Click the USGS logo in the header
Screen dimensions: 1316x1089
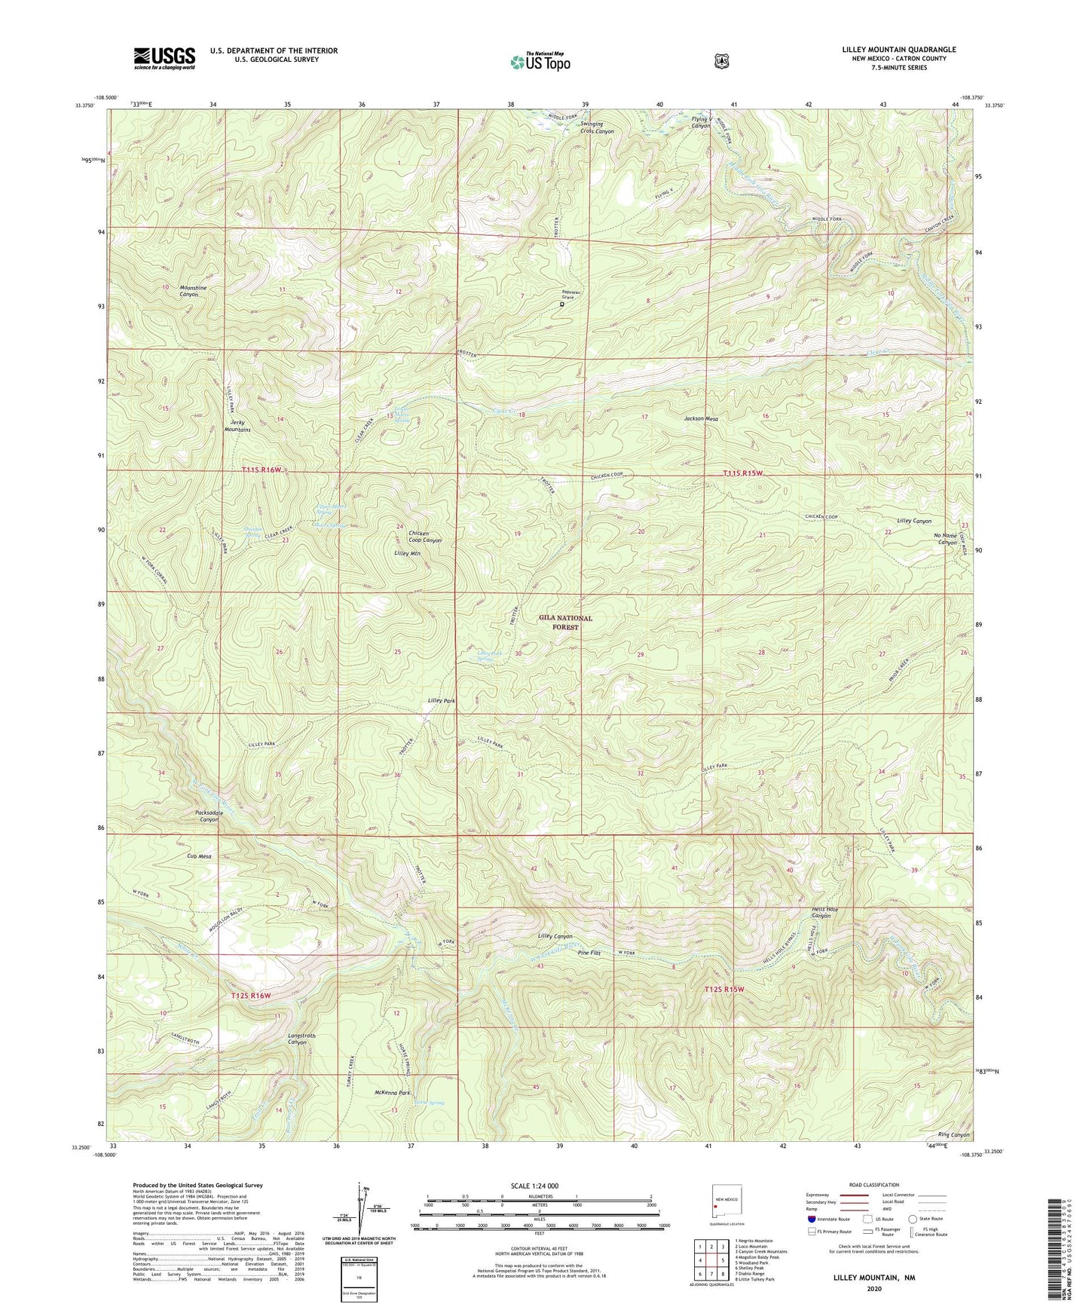[164, 58]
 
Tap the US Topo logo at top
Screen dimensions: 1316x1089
[540, 62]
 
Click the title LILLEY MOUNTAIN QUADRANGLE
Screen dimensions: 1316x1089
[899, 50]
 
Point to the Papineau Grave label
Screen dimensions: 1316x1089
[568, 295]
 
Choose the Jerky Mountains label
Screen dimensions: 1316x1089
[237, 425]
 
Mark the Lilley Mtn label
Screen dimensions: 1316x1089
[407, 553]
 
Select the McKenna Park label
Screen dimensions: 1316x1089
[392, 1092]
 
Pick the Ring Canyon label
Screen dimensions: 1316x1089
[953, 1134]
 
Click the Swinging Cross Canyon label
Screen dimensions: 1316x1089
[597, 127]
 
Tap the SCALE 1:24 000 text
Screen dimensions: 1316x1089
[534, 1186]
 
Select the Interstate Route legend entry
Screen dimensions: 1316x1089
[829, 1219]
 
